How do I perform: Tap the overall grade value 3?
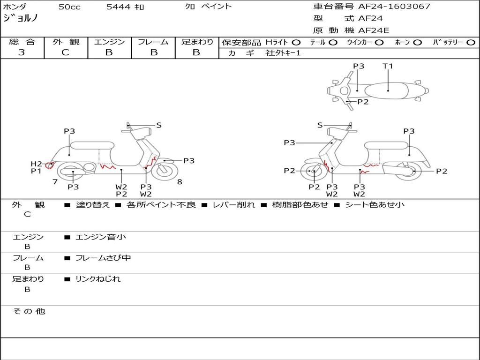[x=22, y=52]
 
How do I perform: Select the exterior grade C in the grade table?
[x=66, y=52]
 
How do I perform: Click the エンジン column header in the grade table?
[x=109, y=42]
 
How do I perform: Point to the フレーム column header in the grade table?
[x=153, y=42]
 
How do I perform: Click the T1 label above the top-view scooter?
[x=388, y=66]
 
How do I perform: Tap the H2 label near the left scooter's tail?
[x=36, y=164]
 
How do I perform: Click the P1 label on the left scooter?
[x=36, y=171]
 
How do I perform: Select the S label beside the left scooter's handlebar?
[x=159, y=125]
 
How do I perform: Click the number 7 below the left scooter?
[x=55, y=181]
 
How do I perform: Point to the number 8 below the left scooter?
[x=180, y=181]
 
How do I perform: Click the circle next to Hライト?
[x=296, y=42]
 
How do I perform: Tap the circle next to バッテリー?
[x=471, y=42]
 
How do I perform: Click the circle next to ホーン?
[x=418, y=42]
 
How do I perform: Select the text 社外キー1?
[x=283, y=53]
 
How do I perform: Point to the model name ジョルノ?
[x=21, y=18]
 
